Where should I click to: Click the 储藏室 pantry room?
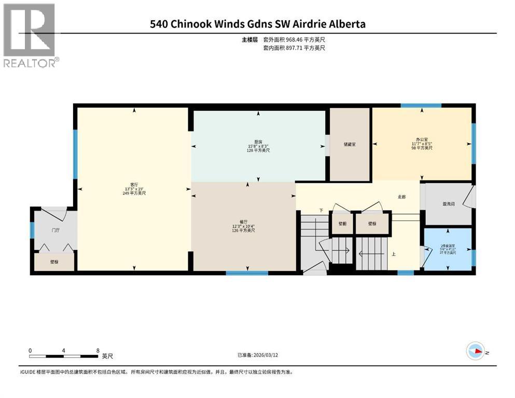350,145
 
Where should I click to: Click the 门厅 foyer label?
54,230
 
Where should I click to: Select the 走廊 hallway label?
401,197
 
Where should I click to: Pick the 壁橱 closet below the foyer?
54,262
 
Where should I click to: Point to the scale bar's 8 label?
98,350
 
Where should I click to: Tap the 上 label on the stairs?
394,254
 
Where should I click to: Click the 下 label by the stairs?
321,210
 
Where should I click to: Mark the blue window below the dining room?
246,273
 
